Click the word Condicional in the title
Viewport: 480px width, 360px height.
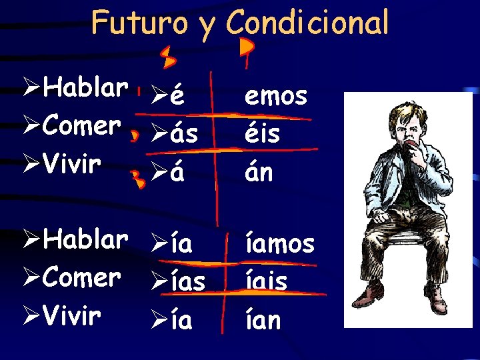307,23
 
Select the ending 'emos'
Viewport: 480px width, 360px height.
276,97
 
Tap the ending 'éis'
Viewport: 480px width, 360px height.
262,135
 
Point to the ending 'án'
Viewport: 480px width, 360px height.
259,173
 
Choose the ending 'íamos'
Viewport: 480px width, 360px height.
279,244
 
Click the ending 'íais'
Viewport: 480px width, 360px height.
266,281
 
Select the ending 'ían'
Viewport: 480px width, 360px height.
263,320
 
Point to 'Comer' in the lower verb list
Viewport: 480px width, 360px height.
81,277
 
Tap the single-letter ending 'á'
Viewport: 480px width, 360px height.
177,175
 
